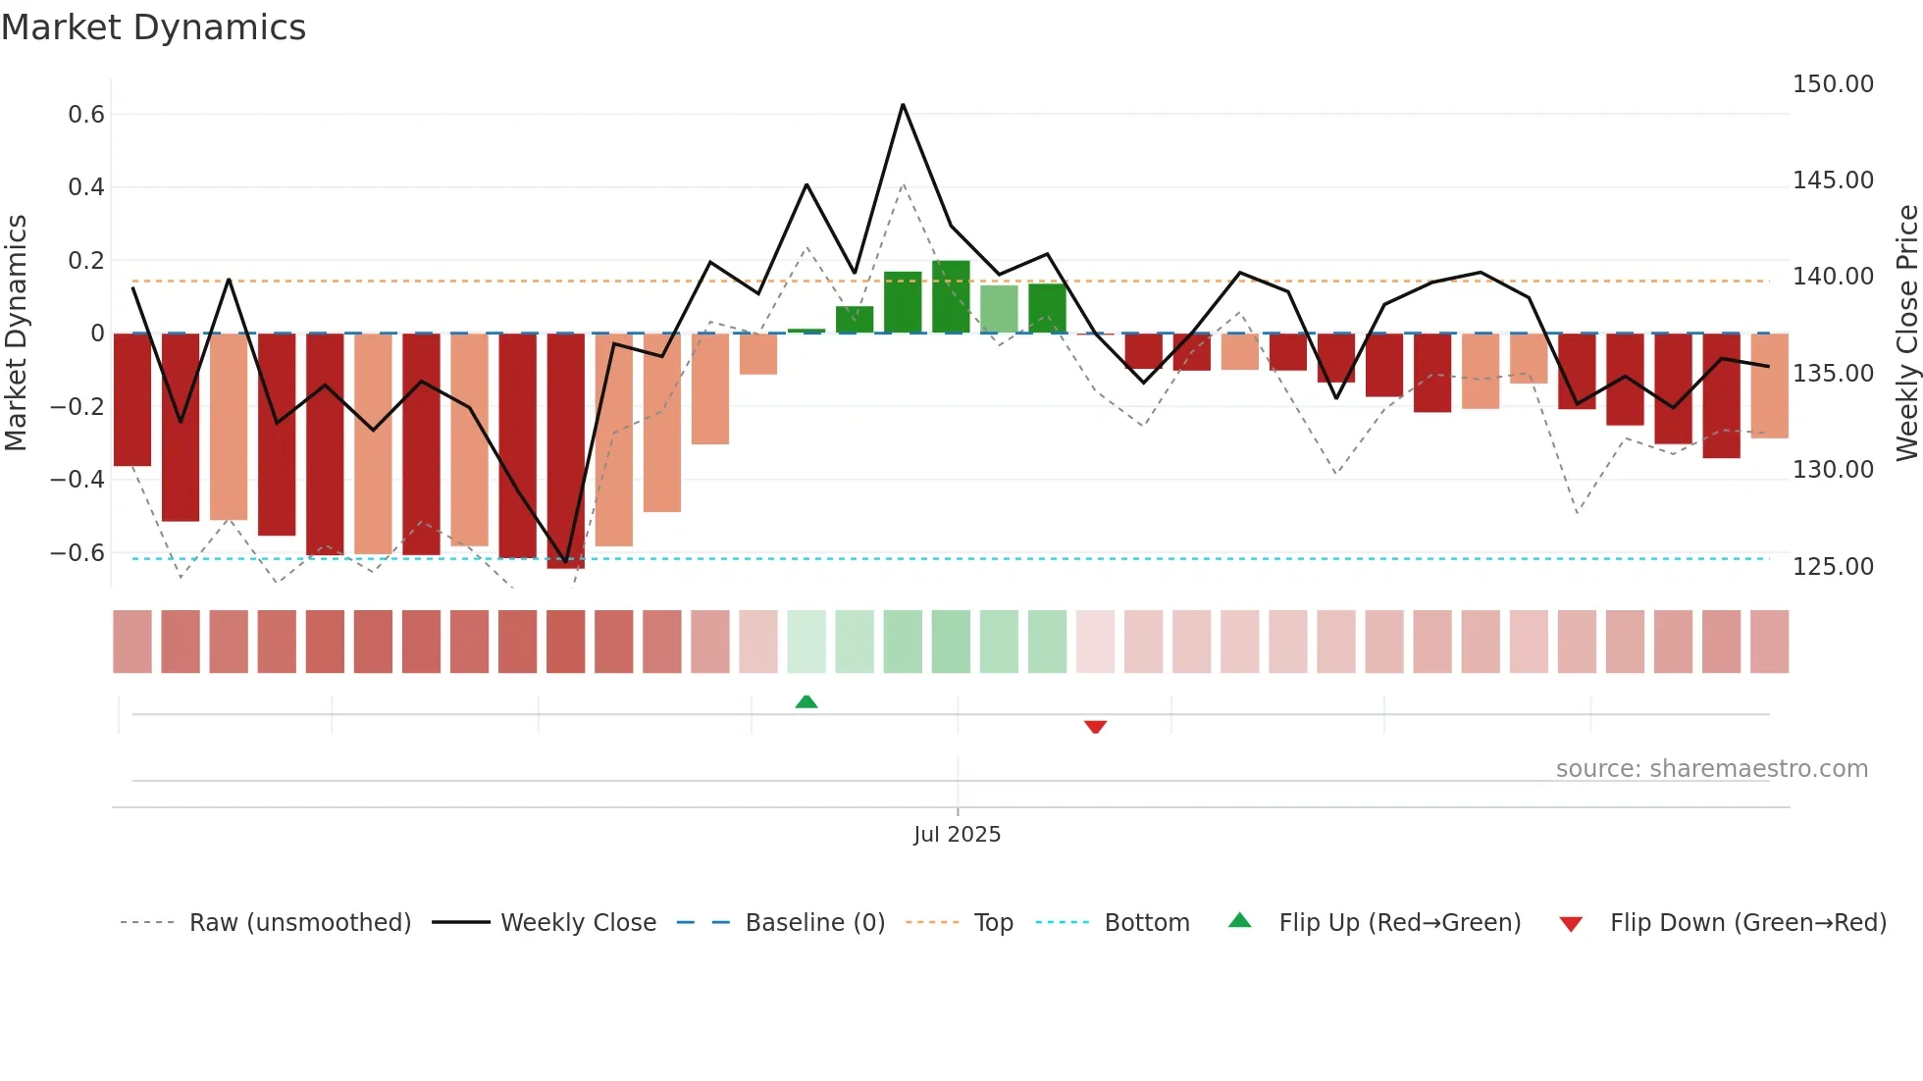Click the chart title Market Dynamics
point(154,27)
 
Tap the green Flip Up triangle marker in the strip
point(806,701)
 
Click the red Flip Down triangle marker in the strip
point(1095,727)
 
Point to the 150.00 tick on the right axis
point(1833,84)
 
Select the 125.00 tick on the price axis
point(1833,567)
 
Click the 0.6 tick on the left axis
point(86,115)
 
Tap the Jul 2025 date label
point(957,835)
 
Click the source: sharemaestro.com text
point(1711,769)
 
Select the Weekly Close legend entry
point(578,923)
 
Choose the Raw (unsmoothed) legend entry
point(299,923)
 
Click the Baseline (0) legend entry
point(814,923)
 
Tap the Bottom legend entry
point(1146,923)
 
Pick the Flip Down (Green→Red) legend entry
point(1747,923)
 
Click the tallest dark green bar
point(951,297)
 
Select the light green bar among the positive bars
point(999,309)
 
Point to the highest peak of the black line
point(903,105)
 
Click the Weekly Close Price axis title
point(1906,334)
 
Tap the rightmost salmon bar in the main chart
point(1769,386)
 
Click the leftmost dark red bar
point(132,399)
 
